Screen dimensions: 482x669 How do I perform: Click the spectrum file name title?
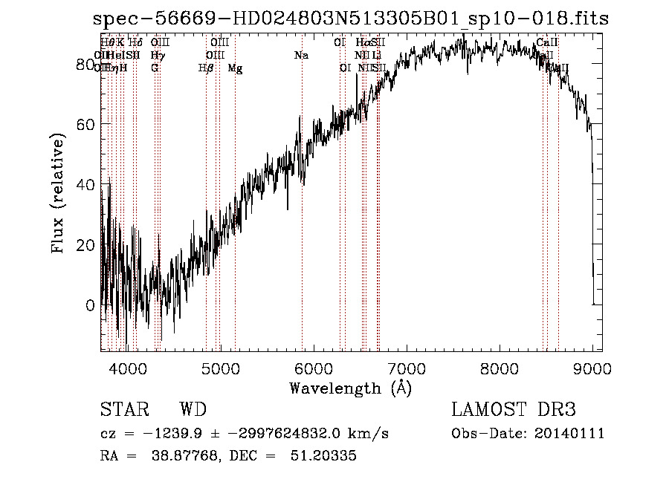coord(350,18)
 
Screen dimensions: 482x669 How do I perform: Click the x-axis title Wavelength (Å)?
coord(350,388)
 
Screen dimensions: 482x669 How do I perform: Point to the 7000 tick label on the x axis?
coord(406,368)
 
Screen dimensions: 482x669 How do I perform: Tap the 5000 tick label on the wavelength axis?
coord(220,368)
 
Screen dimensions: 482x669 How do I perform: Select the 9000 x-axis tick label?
coord(592,368)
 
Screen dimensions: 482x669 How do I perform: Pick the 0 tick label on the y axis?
coord(89,305)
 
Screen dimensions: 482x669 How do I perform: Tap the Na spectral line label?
coord(301,56)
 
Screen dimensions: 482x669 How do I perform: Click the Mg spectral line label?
coord(235,68)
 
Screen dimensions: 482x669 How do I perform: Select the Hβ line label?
coord(205,68)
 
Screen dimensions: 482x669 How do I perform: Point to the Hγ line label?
coord(157,56)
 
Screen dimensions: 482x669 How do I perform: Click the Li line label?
coord(377,56)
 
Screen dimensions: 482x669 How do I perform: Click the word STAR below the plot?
coord(124,410)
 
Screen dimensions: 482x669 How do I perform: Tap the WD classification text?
coord(193,410)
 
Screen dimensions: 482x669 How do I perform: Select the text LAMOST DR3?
coord(513,410)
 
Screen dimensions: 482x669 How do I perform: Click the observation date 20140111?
coord(569,434)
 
